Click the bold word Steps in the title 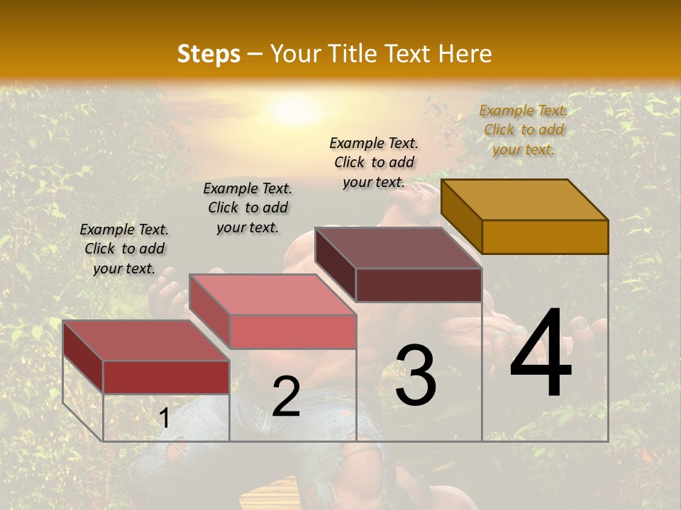tap(209, 54)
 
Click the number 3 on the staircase tap(416, 375)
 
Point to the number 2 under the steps tap(286, 397)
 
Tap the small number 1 tap(165, 419)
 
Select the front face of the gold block tap(545, 237)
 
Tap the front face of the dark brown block tap(419, 285)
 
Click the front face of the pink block tap(292, 331)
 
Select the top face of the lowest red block tap(146, 340)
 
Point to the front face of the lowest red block tap(166, 377)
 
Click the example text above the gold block tap(524, 130)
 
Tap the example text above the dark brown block tap(374, 162)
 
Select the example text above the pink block tap(248, 208)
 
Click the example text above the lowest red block tap(124, 249)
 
